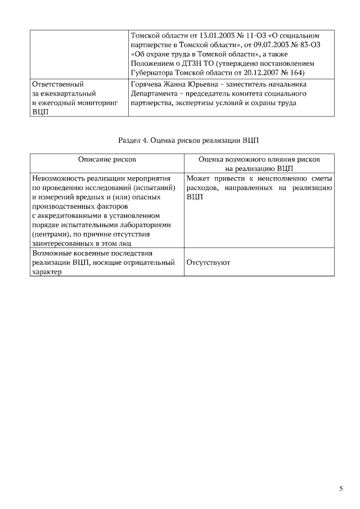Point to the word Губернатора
[151, 74]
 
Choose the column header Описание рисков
[107, 160]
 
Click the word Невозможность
[60, 179]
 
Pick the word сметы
[322, 179]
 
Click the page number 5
[341, 489]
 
